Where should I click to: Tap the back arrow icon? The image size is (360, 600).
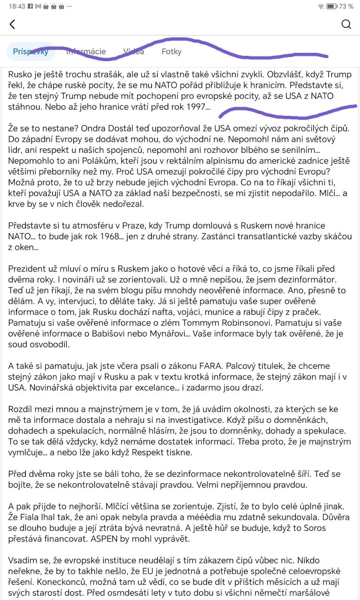12,24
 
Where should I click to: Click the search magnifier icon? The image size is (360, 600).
346,24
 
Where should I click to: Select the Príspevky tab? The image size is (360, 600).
31,51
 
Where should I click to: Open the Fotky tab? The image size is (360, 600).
171,51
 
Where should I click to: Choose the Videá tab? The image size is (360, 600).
133,51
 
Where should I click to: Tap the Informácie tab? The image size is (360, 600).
86,51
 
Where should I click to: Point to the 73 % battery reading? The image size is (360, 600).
346,6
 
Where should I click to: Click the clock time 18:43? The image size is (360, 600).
16,6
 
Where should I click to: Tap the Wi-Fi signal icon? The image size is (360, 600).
321,6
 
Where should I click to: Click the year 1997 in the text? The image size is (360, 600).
196,107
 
